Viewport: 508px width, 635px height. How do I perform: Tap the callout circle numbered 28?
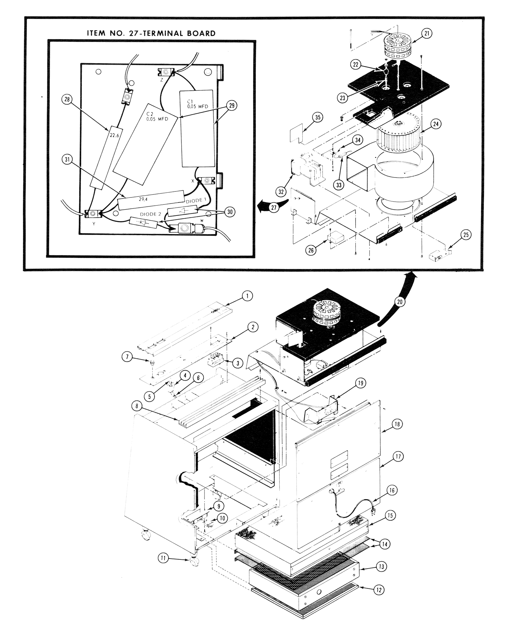(67, 99)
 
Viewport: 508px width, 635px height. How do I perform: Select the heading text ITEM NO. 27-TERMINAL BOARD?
(151, 33)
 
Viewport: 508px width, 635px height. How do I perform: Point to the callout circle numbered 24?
(436, 124)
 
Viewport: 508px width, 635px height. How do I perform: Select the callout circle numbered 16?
(392, 491)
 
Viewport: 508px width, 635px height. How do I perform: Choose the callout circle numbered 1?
(247, 296)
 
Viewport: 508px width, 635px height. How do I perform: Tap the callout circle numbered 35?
(317, 117)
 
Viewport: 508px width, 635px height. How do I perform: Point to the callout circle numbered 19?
(360, 383)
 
